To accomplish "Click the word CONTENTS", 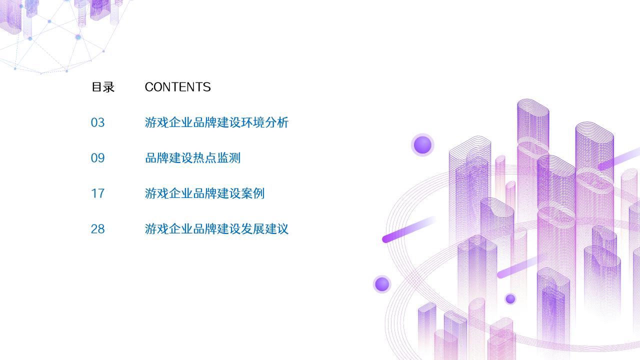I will (x=177, y=87).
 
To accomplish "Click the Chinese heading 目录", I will (x=102, y=87).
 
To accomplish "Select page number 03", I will (x=97, y=122).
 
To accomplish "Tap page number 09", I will (x=97, y=158).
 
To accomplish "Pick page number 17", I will (x=97, y=193).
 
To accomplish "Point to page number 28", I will (x=97, y=229).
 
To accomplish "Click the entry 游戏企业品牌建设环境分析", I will (x=216, y=122).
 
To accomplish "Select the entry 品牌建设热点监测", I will (x=192, y=158).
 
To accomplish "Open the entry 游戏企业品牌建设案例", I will (x=204, y=193).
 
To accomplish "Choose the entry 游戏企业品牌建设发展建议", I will (x=216, y=229).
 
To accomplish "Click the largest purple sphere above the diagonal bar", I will (x=422, y=145).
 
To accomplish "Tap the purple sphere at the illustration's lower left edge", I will (x=382, y=284).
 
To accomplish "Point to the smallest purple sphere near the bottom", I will (x=510, y=298).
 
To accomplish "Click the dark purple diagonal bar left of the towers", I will (x=407, y=230).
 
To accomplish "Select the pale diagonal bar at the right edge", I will (x=619, y=159).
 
